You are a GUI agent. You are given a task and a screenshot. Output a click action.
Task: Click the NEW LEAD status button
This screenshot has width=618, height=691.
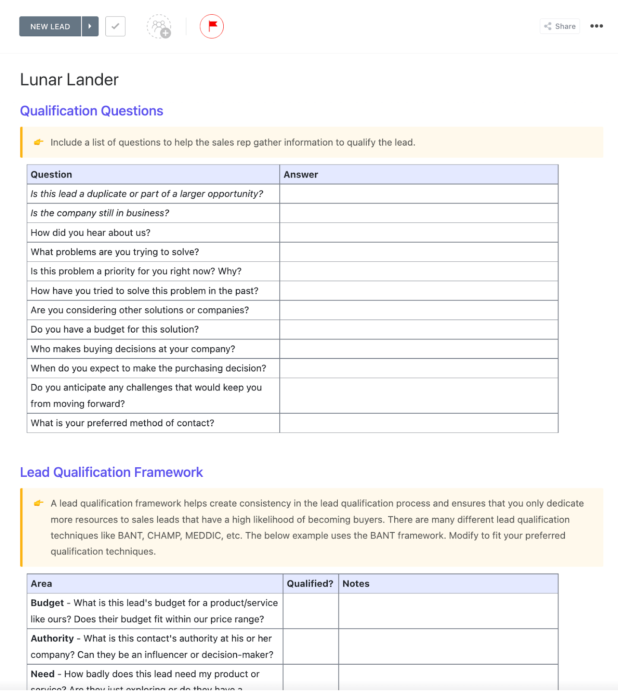[x=50, y=26]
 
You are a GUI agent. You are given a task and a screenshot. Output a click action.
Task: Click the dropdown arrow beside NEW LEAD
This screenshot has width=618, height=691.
[x=90, y=26]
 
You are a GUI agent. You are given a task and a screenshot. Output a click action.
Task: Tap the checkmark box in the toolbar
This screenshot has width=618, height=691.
[x=115, y=26]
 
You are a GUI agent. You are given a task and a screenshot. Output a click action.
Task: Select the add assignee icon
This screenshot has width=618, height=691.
[x=159, y=27]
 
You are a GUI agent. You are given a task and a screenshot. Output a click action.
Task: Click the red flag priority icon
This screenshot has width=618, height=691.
[x=212, y=26]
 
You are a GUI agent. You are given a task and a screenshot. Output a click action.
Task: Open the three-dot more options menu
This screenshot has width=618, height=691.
[x=596, y=26]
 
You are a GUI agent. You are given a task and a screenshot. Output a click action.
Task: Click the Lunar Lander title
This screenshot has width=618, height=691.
[x=69, y=80]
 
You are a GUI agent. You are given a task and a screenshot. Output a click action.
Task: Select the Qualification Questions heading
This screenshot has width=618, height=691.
[x=92, y=111]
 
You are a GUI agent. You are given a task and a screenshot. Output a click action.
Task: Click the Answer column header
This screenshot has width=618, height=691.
[x=301, y=174]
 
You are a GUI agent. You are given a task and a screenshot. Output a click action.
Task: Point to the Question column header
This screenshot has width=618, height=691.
[x=51, y=174]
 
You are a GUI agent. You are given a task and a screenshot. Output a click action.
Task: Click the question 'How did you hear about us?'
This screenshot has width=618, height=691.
[x=90, y=233]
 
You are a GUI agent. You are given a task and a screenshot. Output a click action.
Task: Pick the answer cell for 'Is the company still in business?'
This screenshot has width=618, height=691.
[x=418, y=213]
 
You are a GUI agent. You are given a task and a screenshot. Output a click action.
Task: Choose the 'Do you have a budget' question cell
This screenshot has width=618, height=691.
[x=114, y=330]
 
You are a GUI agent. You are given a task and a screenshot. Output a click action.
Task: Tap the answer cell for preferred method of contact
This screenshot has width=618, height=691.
[x=418, y=423]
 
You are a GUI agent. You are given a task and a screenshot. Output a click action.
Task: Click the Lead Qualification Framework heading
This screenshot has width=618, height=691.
[x=111, y=472]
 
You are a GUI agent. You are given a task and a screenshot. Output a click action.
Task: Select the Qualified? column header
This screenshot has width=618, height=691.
[x=310, y=584]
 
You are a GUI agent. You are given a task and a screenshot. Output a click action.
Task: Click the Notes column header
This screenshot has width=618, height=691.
[x=356, y=584]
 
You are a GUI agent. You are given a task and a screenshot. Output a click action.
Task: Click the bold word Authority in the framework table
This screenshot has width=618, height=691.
[x=52, y=639]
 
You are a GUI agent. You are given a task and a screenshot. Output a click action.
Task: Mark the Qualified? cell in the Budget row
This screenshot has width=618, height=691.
[x=311, y=611]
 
